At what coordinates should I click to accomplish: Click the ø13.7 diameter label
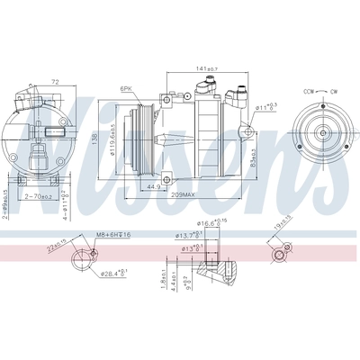(185, 238)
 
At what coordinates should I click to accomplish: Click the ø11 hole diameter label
(265, 107)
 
